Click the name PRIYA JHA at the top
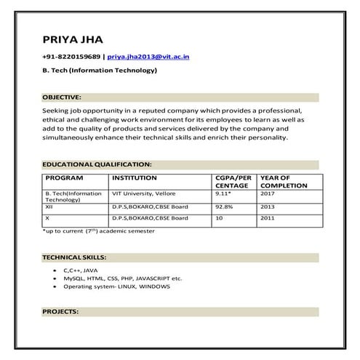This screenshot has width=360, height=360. coord(73,38)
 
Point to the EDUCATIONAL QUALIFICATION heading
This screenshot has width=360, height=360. coord(97,165)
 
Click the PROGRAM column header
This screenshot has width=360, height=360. coord(64,177)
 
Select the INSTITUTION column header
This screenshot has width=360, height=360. coord(135,177)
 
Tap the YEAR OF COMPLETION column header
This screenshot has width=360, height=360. coord(284,181)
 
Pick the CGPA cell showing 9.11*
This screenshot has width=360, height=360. coord(223,194)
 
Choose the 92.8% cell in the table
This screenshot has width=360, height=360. coord(224,207)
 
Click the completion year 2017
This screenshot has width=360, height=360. coord(268,194)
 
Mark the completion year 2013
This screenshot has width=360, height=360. coord(268,207)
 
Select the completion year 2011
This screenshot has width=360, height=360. coord(268,218)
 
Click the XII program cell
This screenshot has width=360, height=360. coord(49,207)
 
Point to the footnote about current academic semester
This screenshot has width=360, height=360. coord(100,231)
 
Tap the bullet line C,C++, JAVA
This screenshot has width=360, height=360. coord(80,270)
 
